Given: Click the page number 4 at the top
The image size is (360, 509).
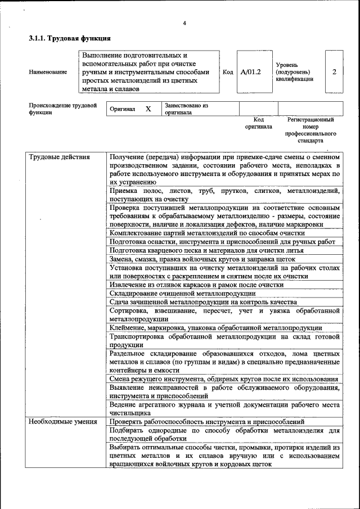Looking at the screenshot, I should [184, 23].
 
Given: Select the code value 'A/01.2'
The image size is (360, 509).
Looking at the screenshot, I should [250, 72].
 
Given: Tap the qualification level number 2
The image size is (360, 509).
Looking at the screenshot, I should [334, 72].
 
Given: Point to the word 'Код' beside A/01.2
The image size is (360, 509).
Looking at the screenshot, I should [228, 72].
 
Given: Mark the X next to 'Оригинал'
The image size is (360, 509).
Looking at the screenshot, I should [148, 109].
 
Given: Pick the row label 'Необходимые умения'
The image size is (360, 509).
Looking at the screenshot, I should [63, 421].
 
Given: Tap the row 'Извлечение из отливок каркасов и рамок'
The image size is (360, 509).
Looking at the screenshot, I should [196, 285].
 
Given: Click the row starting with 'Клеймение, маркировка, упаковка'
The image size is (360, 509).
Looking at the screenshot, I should [215, 327].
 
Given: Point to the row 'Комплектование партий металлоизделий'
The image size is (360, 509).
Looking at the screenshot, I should [207, 233].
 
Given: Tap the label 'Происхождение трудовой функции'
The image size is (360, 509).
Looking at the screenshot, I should [62, 109].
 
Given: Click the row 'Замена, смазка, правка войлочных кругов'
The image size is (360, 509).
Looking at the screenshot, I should [202, 259].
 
